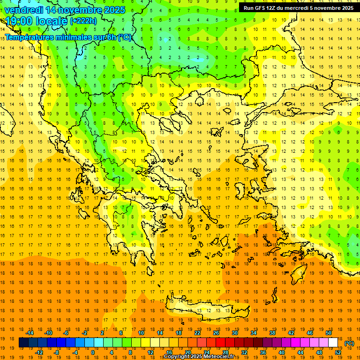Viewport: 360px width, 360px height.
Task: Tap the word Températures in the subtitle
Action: click(x=29, y=37)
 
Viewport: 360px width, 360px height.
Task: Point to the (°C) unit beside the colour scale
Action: click(x=349, y=343)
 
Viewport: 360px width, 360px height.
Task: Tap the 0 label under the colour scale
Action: click(x=92, y=352)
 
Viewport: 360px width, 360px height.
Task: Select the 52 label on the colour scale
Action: click(x=337, y=352)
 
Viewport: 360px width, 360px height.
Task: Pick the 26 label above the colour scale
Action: click(x=216, y=333)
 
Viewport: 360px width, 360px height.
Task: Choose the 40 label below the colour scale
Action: click(x=282, y=352)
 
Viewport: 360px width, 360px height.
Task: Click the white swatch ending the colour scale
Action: click(x=333, y=343)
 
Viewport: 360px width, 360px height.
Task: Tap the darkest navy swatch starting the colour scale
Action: click(x=23, y=343)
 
